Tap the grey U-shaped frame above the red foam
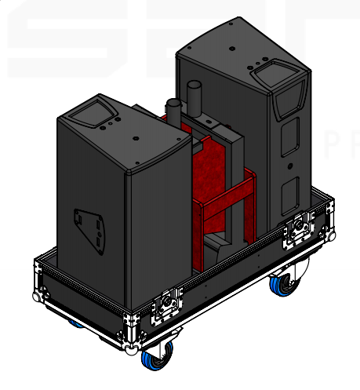click(x=227, y=137)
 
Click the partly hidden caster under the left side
click(x=76, y=323)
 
